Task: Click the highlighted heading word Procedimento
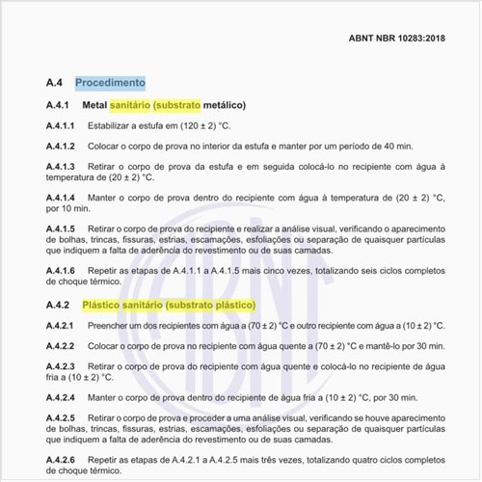(110, 83)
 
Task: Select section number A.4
(54, 83)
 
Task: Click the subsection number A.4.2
(58, 305)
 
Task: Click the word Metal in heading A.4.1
(94, 104)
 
